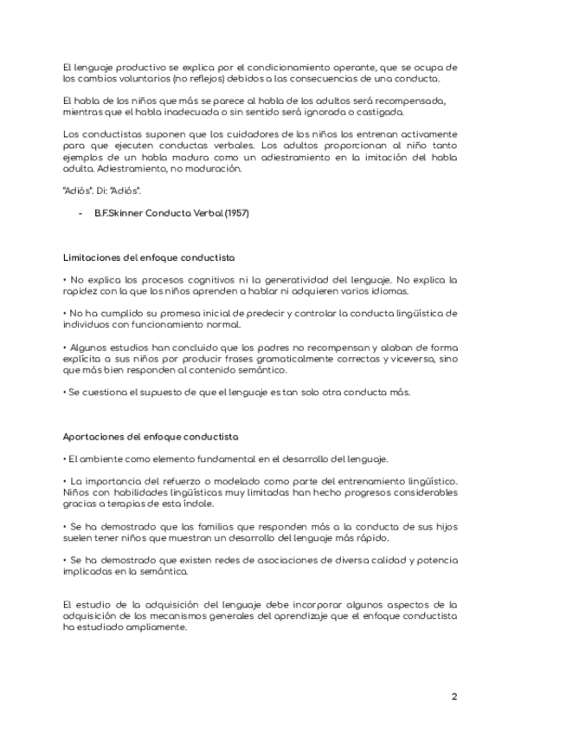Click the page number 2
point(454,697)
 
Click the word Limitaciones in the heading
point(91,258)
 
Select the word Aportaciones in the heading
point(91,436)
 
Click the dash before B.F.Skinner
point(81,213)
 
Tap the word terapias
point(110,504)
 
